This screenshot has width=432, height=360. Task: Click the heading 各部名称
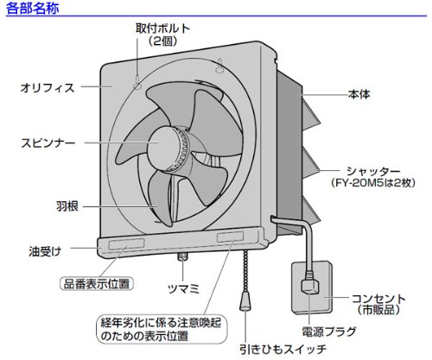pyautogui.click(x=33, y=8)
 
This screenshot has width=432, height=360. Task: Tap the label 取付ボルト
pyautogui.click(x=162, y=28)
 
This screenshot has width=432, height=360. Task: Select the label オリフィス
pyautogui.click(x=48, y=88)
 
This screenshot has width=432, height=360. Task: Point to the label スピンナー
pyautogui.click(x=48, y=143)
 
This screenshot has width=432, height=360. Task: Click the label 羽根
pyautogui.click(x=67, y=206)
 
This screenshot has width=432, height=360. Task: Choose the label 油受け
pyautogui.click(x=46, y=251)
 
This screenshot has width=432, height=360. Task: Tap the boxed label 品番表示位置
pyautogui.click(x=97, y=284)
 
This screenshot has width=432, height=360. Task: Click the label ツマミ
pyautogui.click(x=183, y=288)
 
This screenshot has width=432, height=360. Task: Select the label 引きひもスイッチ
pyautogui.click(x=283, y=349)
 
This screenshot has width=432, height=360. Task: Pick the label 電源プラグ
pyautogui.click(x=329, y=332)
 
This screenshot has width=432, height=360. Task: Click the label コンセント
pyautogui.click(x=378, y=299)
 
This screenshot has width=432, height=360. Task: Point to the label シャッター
pyautogui.click(x=373, y=171)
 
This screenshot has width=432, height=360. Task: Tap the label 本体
pyautogui.click(x=359, y=94)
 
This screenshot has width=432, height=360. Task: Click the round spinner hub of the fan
pyautogui.click(x=167, y=148)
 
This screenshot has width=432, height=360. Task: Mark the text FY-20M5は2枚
pyautogui.click(x=373, y=183)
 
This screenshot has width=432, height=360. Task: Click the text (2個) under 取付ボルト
pyautogui.click(x=162, y=41)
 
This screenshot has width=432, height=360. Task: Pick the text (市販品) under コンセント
pyautogui.click(x=378, y=310)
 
